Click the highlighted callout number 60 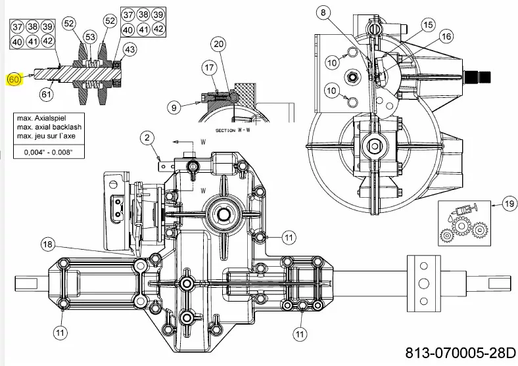coord(14,80)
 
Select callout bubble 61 coord(46,95)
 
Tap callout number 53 coord(90,37)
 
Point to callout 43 coord(129,49)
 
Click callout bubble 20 coord(219,44)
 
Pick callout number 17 coord(209,68)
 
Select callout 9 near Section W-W coord(174,107)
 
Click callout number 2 coord(147,138)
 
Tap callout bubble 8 coord(323,13)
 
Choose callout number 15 coord(428,25)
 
